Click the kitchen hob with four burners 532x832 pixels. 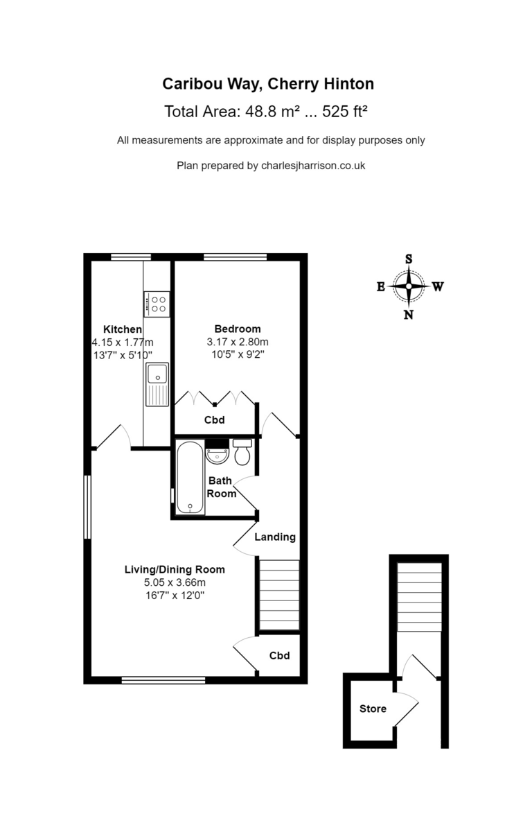tap(157, 304)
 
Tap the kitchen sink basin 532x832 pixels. tap(157, 374)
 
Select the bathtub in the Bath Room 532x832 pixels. tap(190, 477)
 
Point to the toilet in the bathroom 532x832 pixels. tap(242, 452)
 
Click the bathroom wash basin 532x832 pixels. tap(217, 455)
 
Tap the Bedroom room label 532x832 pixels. tap(238, 329)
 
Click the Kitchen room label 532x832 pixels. tap(123, 329)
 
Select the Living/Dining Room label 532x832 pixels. tap(175, 569)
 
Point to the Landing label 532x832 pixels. tap(275, 537)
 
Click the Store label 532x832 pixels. tap(373, 709)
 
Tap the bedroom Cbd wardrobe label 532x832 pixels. tap(215, 419)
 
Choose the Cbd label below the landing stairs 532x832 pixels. tap(279, 656)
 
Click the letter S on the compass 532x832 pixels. tap(409, 259)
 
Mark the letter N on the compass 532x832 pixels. tap(409, 315)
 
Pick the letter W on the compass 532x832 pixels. tap(438, 286)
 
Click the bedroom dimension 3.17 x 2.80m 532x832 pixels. tap(238, 342)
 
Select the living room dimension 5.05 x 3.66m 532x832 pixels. tap(175, 582)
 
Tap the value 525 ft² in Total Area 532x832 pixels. tap(345, 111)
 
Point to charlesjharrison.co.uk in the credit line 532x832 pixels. tap(313, 165)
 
